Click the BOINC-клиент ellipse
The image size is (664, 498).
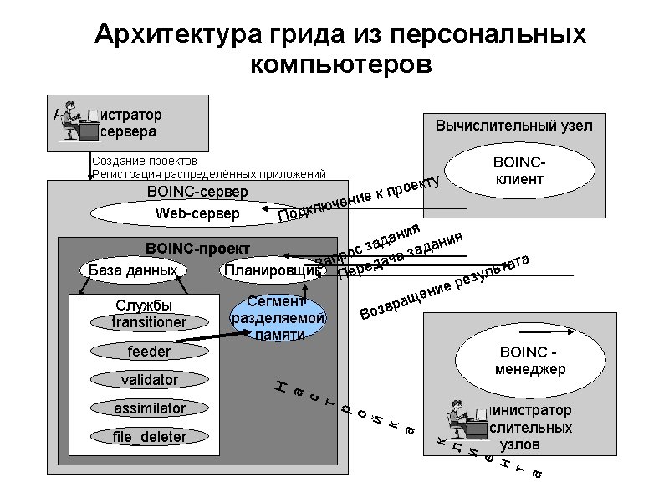click(519, 170)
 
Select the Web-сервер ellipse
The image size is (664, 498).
click(198, 214)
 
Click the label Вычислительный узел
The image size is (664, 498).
click(513, 126)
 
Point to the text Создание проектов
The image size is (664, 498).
click(145, 160)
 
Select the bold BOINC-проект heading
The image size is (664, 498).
click(192, 249)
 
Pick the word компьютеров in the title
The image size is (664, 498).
click(340, 64)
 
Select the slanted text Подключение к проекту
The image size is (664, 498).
click(358, 202)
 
